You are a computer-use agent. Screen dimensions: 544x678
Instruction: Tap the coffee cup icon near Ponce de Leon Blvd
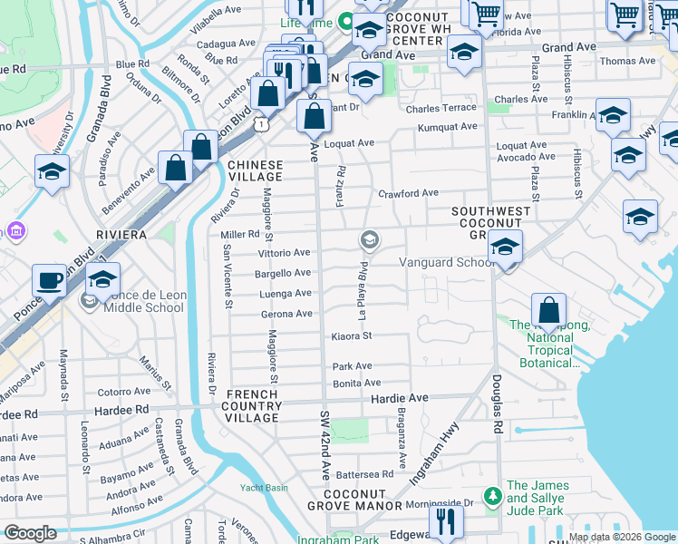tap(49, 280)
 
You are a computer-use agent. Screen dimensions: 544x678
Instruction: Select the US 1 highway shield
tap(260, 122)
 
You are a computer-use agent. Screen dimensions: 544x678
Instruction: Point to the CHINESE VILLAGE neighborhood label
tap(255, 171)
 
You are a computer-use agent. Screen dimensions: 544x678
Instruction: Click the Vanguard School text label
tap(448, 263)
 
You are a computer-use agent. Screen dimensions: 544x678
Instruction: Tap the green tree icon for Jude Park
tap(492, 496)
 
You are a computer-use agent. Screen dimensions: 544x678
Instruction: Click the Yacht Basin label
tap(264, 488)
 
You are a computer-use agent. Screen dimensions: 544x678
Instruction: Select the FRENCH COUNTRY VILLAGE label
tap(252, 406)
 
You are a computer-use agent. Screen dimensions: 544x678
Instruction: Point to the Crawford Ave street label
tap(408, 193)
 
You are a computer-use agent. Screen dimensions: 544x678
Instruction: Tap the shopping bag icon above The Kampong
tap(548, 310)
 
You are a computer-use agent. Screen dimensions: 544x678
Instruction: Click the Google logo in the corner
tap(29, 533)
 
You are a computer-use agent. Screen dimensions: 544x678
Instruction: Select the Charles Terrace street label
tap(441, 109)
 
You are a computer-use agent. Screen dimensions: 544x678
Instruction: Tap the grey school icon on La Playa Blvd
tap(369, 240)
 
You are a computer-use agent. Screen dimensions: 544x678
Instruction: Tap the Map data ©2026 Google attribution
tap(621, 537)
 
